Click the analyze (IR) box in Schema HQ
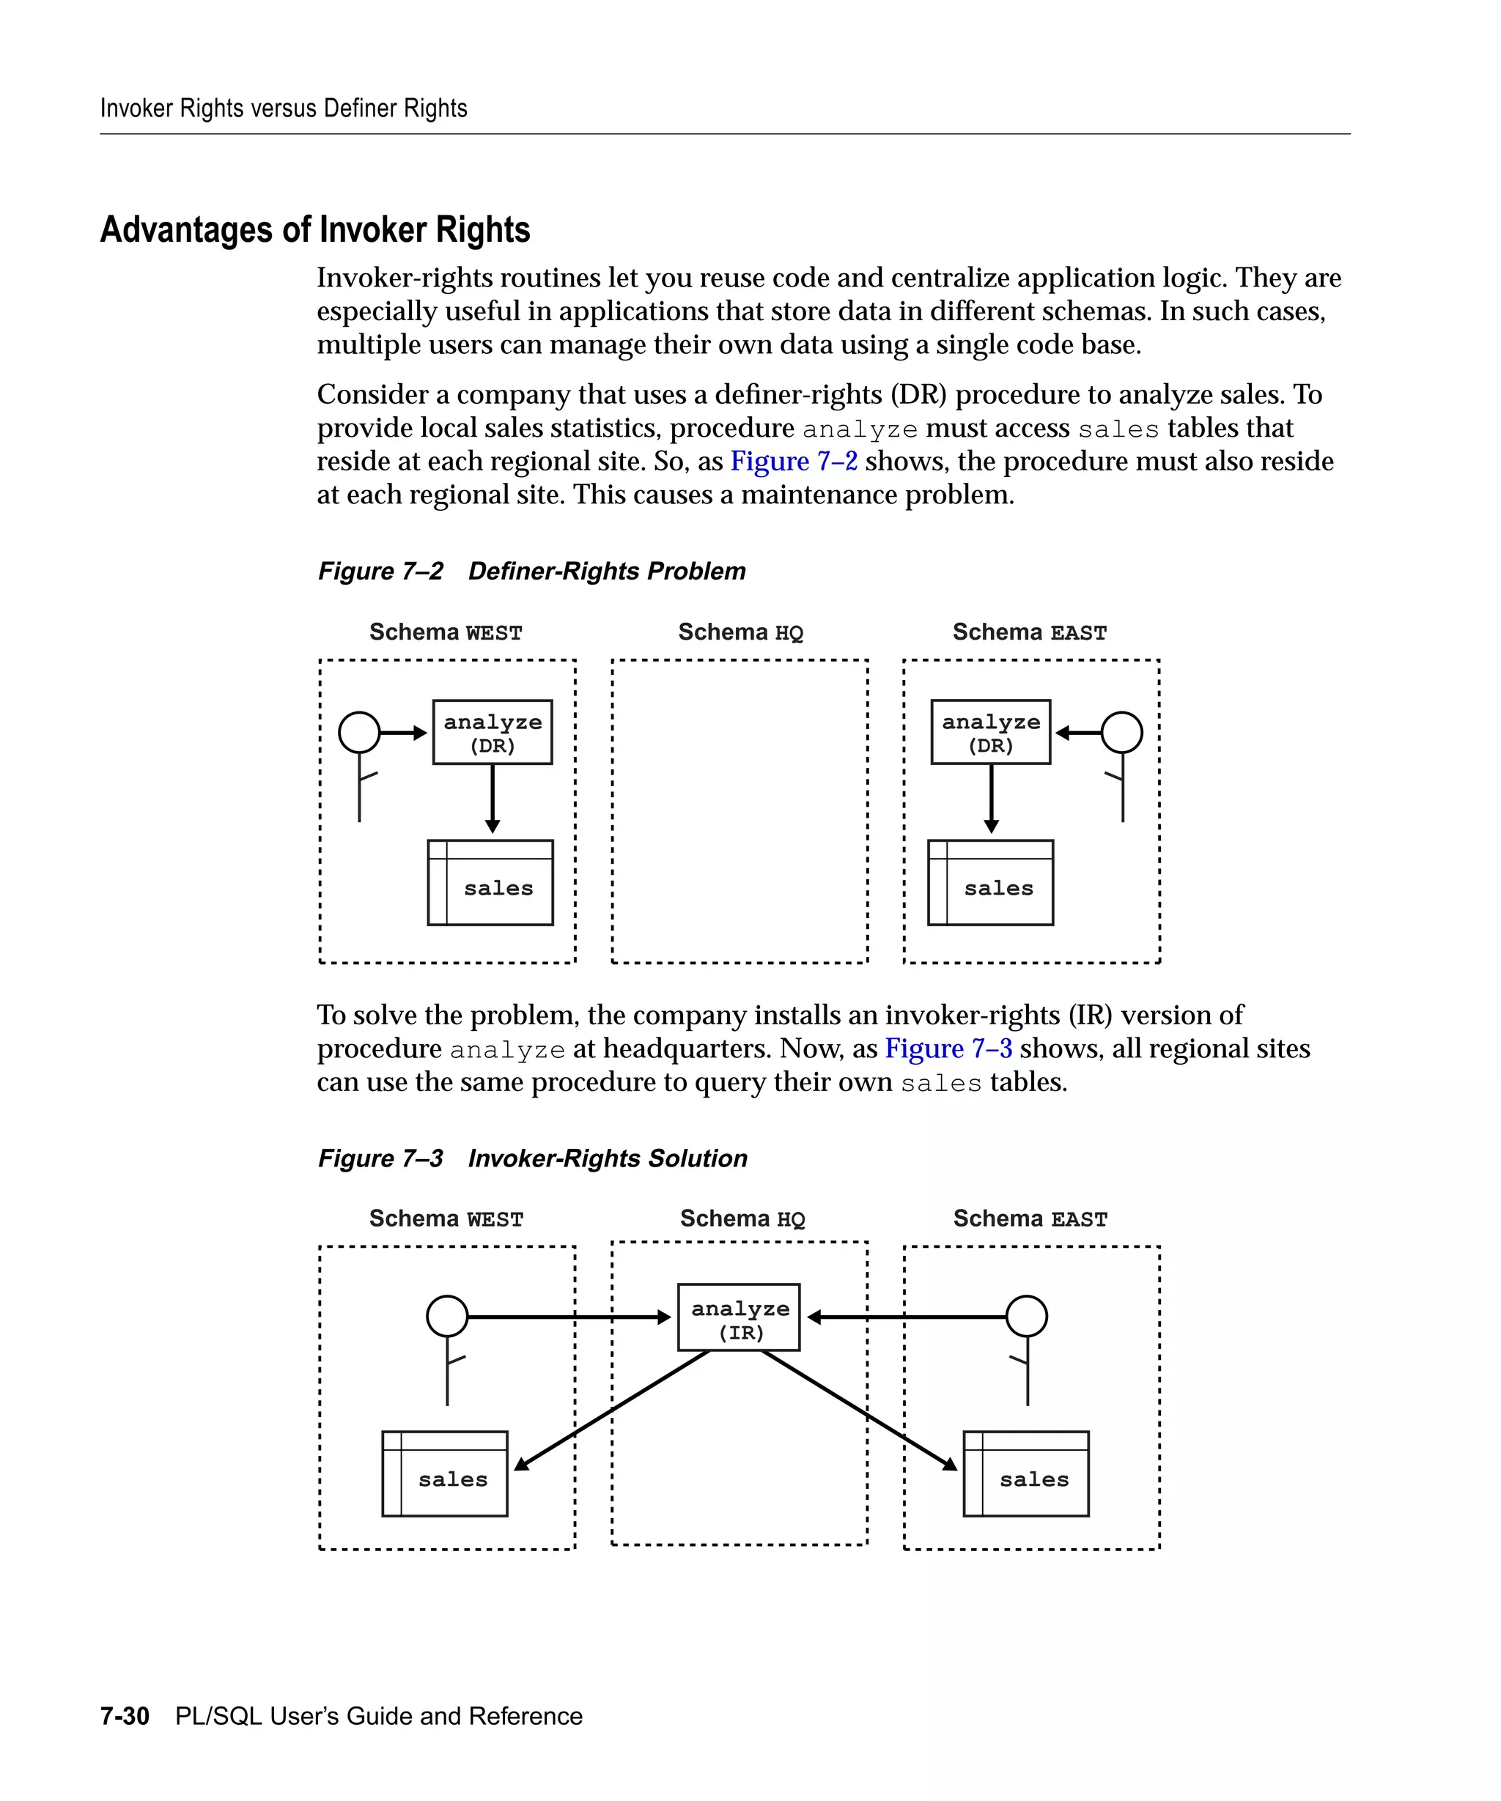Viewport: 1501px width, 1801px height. point(739,1317)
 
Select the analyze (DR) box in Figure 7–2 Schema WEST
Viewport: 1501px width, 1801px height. point(493,731)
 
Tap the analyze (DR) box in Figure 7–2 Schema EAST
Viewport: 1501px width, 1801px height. point(991,731)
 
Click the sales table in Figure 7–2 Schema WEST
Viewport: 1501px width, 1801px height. point(490,882)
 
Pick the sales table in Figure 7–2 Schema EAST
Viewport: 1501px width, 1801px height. point(991,882)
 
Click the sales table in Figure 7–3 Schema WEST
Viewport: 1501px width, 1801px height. point(444,1473)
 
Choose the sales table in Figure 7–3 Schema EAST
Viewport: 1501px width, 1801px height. point(1026,1473)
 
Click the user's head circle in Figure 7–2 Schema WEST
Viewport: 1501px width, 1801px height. point(359,733)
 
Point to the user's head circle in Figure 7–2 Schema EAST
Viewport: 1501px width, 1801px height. point(1122,733)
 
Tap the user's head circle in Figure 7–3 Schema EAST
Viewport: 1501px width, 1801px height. point(1027,1316)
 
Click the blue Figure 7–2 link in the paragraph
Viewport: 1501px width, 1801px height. point(794,462)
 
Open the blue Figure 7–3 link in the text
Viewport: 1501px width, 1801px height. point(948,1048)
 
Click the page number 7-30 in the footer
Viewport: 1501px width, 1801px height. point(125,1716)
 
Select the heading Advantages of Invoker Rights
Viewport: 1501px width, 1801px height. point(314,230)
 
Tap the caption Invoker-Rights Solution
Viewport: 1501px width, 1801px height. point(608,1158)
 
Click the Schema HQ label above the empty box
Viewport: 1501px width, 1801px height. point(740,632)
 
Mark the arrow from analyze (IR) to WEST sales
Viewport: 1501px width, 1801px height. point(611,1410)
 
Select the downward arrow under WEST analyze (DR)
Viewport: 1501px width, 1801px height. point(493,798)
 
